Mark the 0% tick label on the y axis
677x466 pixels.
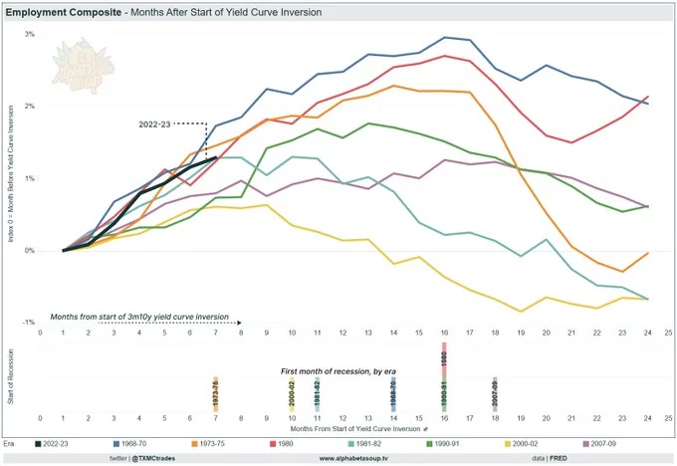(x=30, y=251)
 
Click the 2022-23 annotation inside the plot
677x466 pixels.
(x=156, y=124)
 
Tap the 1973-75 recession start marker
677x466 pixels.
(x=215, y=394)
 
